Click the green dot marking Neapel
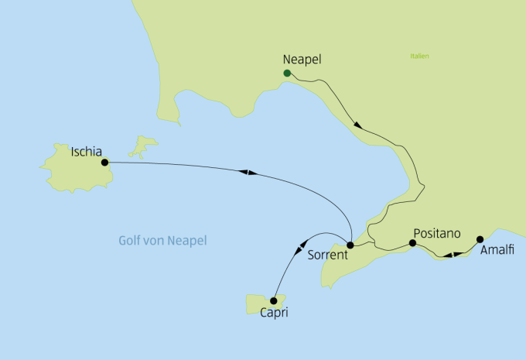point(287,74)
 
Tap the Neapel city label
point(302,59)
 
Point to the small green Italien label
point(420,56)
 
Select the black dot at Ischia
point(104,163)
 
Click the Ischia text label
point(87,152)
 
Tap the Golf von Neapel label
point(163,241)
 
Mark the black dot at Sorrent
point(350,245)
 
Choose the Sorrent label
point(326,255)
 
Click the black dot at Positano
point(412,243)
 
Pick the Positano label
point(438,232)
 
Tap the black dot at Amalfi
point(480,238)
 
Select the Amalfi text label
point(497,252)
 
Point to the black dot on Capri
point(274,300)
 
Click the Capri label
point(275,314)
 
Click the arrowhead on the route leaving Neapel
point(357,124)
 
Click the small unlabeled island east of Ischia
point(143,145)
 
